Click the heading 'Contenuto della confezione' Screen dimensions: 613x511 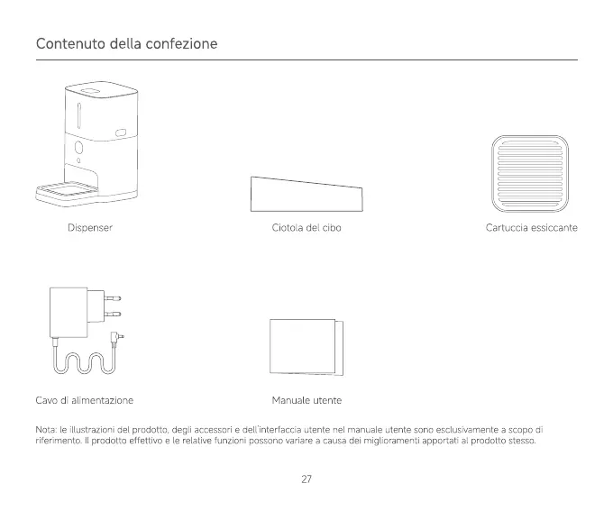pyautogui.click(x=127, y=43)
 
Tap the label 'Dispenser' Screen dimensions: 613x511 pyautogui.click(x=89, y=228)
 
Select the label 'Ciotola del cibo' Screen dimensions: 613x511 pyautogui.click(x=306, y=228)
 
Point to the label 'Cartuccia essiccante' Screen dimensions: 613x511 pyautogui.click(x=531, y=228)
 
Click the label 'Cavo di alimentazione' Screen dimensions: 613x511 pyautogui.click(x=85, y=399)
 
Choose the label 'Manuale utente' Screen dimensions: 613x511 pyautogui.click(x=306, y=399)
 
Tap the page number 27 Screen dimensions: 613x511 pyautogui.click(x=306, y=479)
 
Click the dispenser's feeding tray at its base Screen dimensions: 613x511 pyautogui.click(x=66, y=191)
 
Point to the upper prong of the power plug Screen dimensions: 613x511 pyautogui.click(x=113, y=297)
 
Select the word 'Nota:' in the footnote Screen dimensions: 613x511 pyautogui.click(x=46, y=430)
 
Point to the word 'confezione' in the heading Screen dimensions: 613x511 pyautogui.click(x=187, y=43)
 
